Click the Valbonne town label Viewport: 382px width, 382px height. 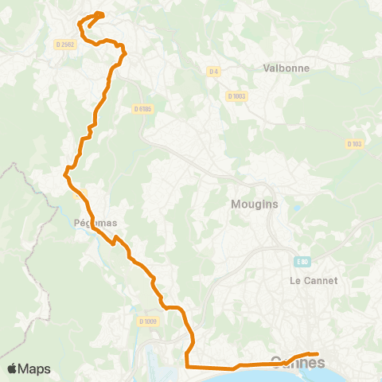(286, 68)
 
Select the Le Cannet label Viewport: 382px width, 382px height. (314, 280)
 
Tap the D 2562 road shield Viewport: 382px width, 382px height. (64, 45)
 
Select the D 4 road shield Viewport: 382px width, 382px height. (213, 72)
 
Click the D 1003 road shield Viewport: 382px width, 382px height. (236, 95)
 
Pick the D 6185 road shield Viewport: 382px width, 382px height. (142, 108)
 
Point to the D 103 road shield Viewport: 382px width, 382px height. (354, 143)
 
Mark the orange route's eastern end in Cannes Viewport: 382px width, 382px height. (317, 353)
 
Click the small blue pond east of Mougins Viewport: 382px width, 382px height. (297, 209)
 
